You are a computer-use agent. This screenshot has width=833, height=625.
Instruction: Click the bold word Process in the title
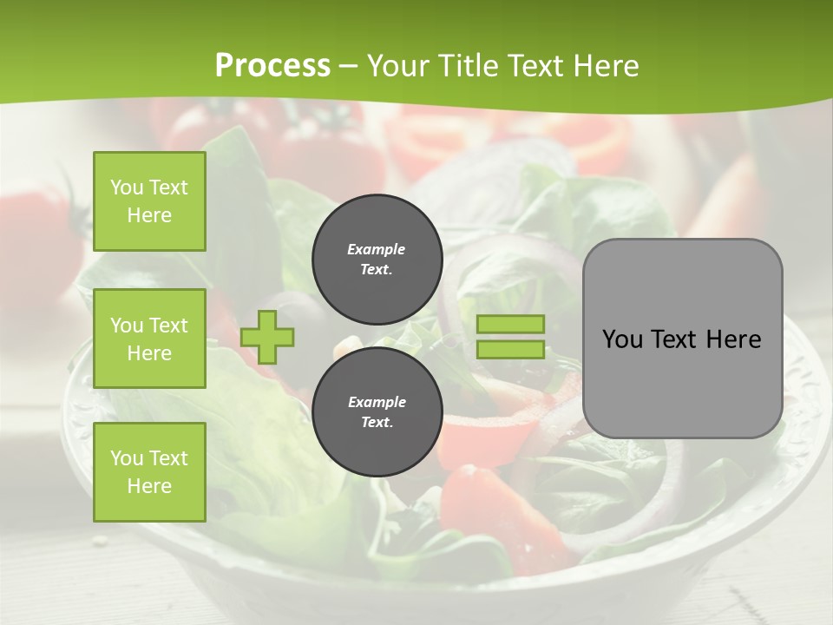pos(272,66)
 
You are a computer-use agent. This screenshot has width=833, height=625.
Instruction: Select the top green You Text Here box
pos(149,201)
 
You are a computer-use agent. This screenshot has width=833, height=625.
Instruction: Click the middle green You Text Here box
pos(149,339)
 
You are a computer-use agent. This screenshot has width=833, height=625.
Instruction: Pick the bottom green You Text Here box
pos(149,472)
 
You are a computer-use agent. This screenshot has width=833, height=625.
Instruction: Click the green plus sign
pos(267,337)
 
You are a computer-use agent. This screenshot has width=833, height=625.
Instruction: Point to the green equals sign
pos(510,337)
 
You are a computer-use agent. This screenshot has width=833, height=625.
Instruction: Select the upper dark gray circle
pos(377,259)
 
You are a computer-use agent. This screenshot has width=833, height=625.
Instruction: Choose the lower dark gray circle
pos(377,411)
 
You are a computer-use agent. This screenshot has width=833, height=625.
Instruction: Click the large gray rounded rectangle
pos(682,339)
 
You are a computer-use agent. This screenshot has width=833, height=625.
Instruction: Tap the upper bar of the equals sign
pos(510,324)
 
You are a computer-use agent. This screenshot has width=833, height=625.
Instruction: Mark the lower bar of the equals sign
pos(510,350)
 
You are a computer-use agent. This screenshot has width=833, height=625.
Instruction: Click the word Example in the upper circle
pos(377,249)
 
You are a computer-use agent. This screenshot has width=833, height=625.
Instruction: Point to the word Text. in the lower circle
pos(377,422)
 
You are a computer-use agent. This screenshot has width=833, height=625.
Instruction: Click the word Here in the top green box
pos(149,215)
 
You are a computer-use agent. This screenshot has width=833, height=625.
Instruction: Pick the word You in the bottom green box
pos(126,458)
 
